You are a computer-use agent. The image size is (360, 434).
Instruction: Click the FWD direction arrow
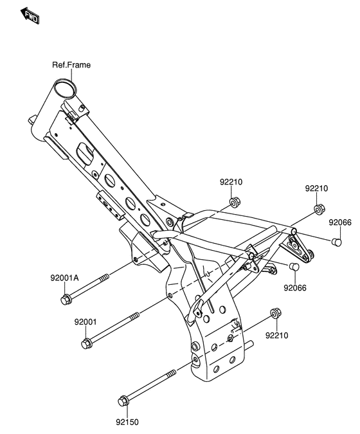coord(30,16)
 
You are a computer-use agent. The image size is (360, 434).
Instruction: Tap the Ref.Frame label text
coord(71,65)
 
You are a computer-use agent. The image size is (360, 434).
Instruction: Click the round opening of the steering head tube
coord(65,87)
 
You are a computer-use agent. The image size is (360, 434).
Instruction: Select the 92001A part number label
coord(64,278)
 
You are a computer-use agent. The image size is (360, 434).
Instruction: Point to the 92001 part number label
coord(85,322)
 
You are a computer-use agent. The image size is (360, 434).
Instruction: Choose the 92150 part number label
coord(127,422)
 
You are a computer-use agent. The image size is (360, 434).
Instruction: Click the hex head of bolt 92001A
coord(66,300)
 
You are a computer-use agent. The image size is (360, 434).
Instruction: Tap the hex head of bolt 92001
coord(87,343)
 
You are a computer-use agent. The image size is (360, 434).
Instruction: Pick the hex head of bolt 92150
coord(123,401)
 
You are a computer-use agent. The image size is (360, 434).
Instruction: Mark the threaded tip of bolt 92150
coord(173,372)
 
